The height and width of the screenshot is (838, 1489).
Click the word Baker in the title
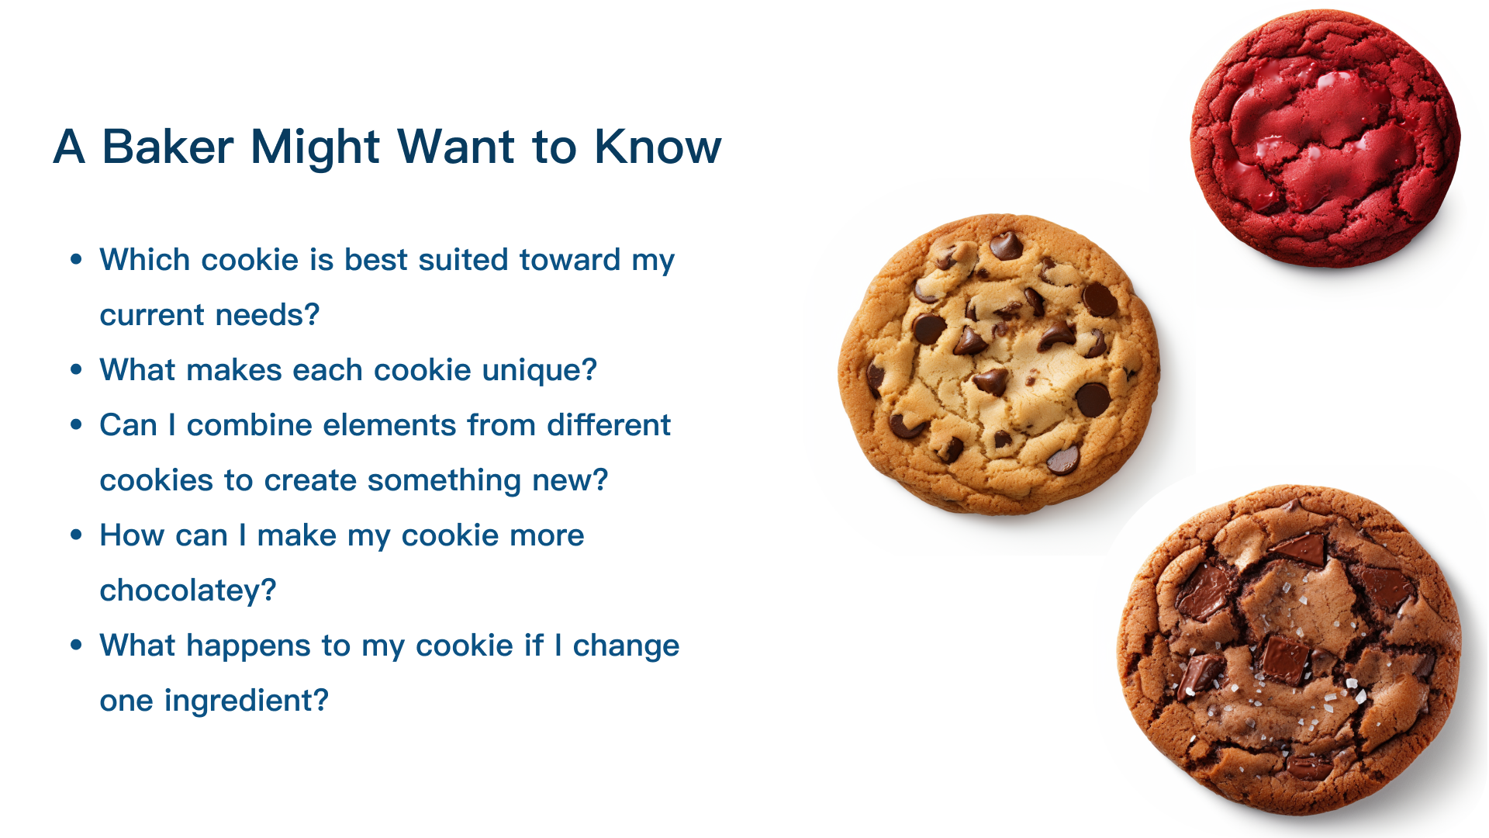[x=168, y=147]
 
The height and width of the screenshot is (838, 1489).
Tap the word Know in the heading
[x=658, y=147]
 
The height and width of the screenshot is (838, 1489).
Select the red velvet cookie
[x=1325, y=138]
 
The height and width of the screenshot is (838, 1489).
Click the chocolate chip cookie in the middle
[x=999, y=364]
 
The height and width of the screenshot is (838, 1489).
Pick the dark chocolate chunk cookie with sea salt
[x=1289, y=650]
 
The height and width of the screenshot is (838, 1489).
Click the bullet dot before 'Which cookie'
[x=76, y=260]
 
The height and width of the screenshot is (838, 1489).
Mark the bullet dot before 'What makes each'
[x=76, y=370]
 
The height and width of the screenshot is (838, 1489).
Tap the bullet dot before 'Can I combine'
[x=76, y=425]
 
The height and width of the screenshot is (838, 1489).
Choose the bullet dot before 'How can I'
[x=76, y=535]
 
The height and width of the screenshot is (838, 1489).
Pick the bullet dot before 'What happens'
[x=76, y=646]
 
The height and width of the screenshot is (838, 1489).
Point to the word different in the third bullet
[x=609, y=425]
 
